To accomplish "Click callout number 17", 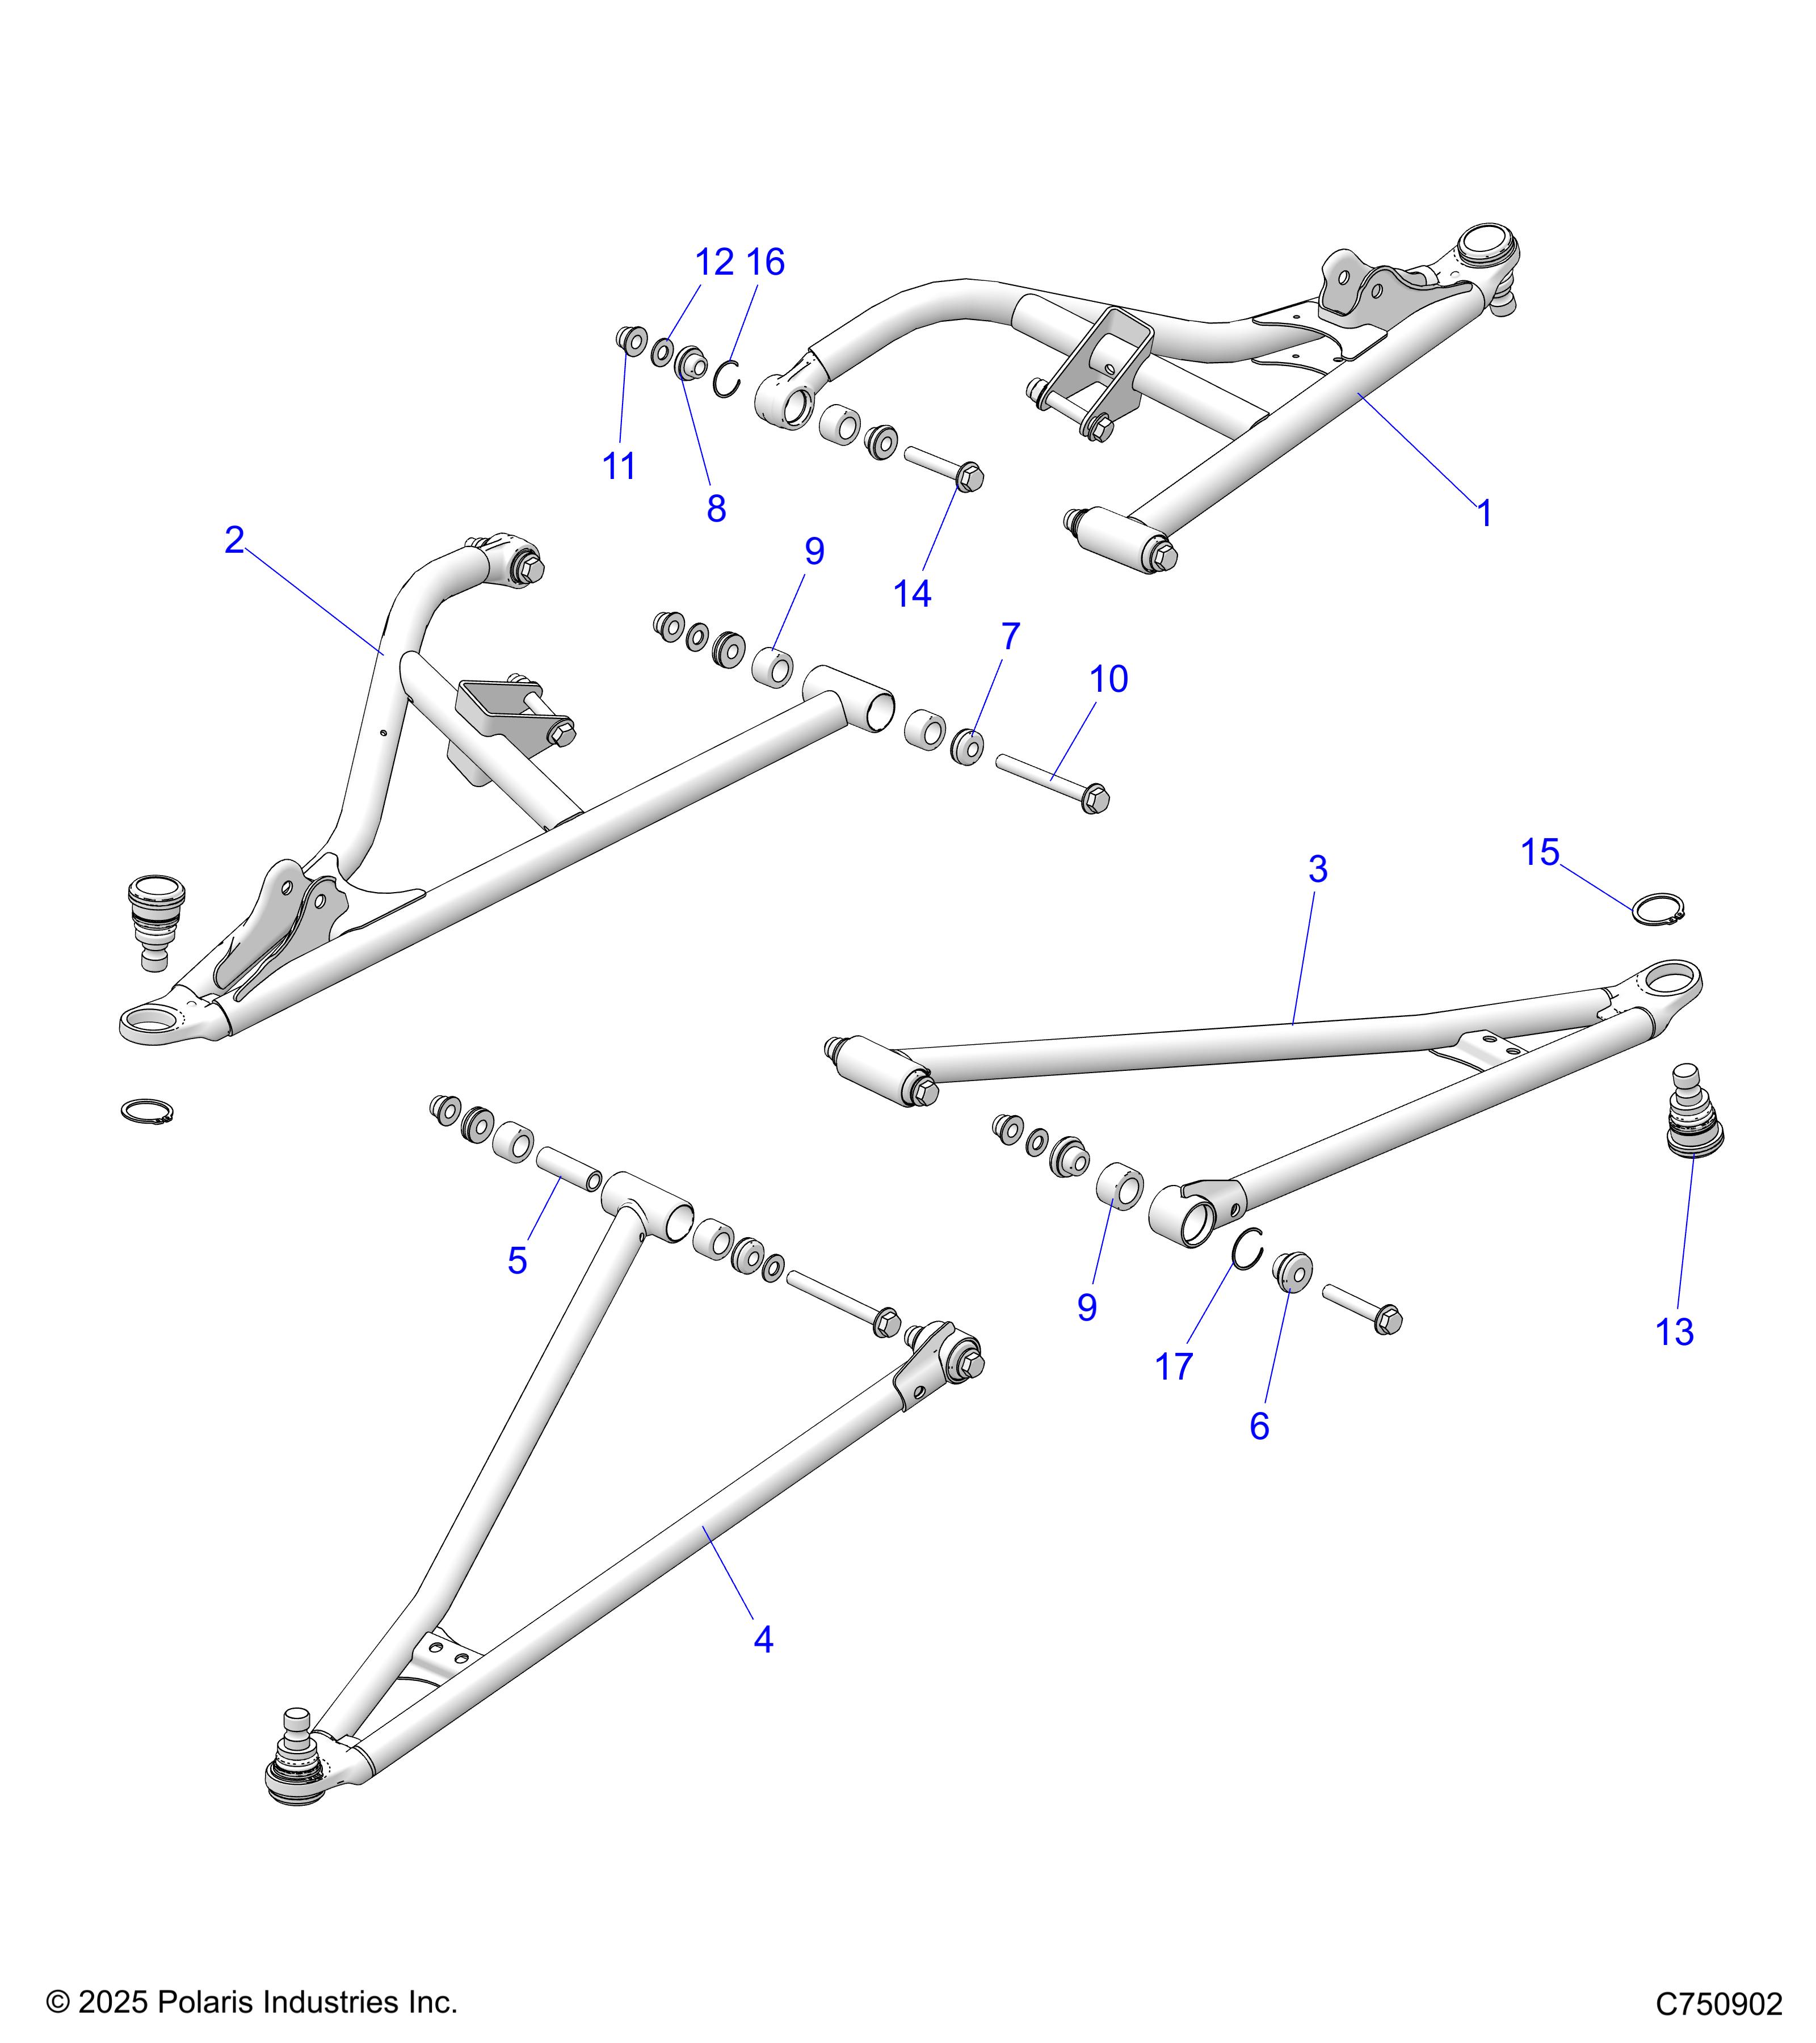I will [1174, 1367].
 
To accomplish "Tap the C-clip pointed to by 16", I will [728, 379].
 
